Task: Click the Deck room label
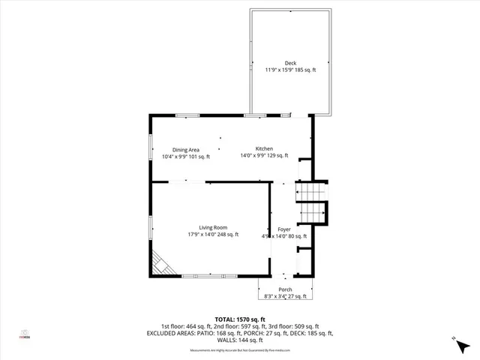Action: point(291,63)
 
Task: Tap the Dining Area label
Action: point(186,149)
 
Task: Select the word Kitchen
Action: point(264,148)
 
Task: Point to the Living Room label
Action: point(213,227)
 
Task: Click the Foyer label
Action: point(284,229)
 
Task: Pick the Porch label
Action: point(285,289)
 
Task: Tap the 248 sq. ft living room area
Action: point(226,235)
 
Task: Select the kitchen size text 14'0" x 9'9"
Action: point(253,156)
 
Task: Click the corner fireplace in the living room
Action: point(161,263)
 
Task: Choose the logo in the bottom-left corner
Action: point(25,335)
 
